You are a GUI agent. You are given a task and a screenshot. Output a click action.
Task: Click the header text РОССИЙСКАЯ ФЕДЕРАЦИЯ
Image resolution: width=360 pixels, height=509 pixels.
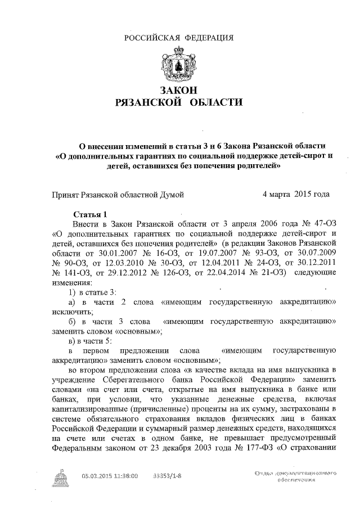179,38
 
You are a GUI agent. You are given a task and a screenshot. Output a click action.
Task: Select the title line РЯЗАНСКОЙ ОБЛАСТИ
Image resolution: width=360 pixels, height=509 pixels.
179,102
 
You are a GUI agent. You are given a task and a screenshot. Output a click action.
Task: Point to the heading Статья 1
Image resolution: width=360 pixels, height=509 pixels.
90,214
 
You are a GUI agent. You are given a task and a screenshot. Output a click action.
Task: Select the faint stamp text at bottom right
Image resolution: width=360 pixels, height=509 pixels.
298,479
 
